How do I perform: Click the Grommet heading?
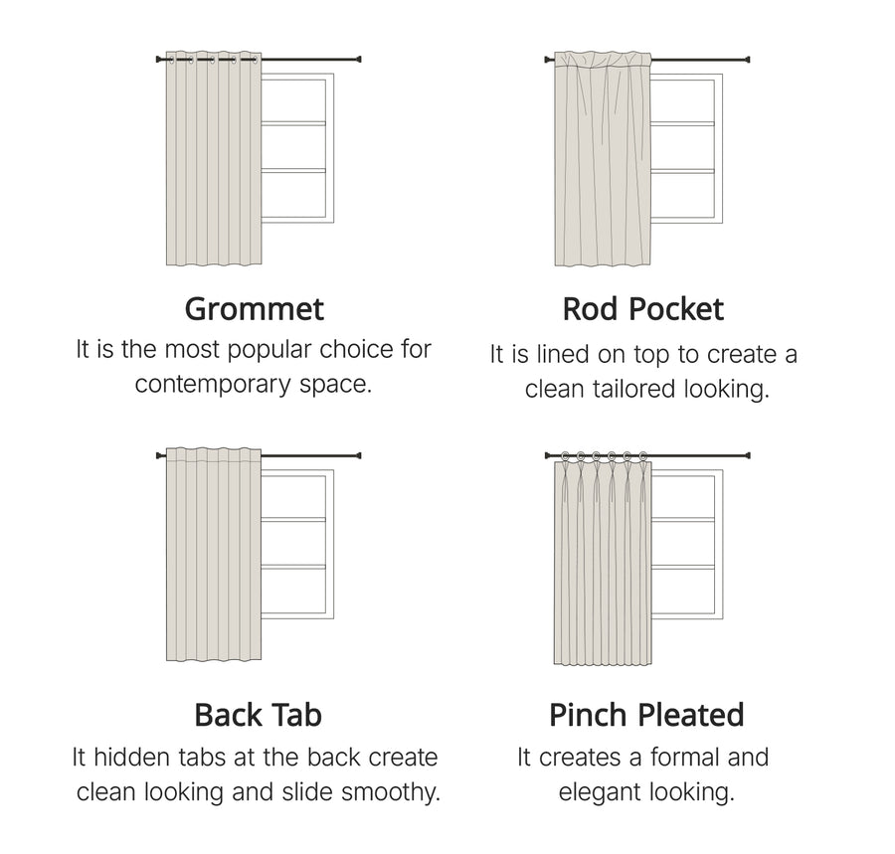click(254, 310)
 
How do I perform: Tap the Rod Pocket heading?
click(643, 309)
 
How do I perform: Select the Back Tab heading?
click(258, 715)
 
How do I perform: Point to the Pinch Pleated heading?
click(646, 715)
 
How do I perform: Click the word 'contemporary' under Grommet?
click(214, 385)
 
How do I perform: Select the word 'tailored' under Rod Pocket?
click(633, 389)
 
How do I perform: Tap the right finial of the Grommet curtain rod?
click(358, 59)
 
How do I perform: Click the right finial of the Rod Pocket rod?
click(747, 60)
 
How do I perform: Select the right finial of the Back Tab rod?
click(358, 455)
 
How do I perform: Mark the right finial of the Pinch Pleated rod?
click(747, 455)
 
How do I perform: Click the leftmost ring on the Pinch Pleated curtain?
click(565, 456)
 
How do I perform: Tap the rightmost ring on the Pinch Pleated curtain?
click(643, 456)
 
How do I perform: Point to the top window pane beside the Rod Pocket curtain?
click(682, 100)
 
